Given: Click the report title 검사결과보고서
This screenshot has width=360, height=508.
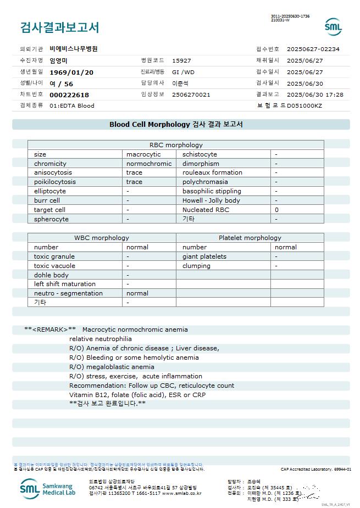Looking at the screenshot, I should (59, 27).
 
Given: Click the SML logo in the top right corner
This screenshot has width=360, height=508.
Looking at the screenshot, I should (333, 27).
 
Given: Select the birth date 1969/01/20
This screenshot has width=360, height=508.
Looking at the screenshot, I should (71, 72).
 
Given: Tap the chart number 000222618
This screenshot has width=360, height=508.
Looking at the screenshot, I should (69, 95).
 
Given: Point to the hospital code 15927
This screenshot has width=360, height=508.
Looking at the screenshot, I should (181, 60).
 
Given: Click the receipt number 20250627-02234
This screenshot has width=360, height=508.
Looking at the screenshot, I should (313, 49).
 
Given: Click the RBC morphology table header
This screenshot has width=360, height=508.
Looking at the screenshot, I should (176, 145).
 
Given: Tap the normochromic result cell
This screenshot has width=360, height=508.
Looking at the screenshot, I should (149, 164).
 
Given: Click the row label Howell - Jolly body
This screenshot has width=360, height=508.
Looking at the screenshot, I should (211, 200).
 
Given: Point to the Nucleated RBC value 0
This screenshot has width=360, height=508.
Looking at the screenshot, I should (276, 210).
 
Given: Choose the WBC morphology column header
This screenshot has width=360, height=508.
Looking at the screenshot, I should (102, 238).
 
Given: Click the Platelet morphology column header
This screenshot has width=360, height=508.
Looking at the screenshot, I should (250, 238).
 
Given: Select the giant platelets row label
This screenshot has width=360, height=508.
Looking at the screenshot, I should (204, 256).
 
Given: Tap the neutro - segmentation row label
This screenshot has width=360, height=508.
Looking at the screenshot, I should (68, 293).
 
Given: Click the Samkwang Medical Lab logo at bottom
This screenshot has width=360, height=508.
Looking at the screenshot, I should (48, 488).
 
